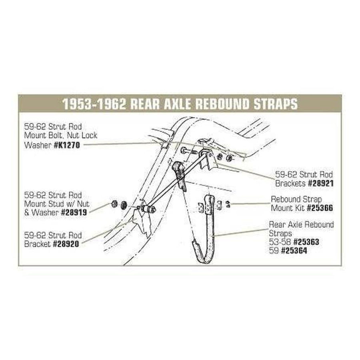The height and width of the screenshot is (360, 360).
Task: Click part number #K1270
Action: tap(67, 145)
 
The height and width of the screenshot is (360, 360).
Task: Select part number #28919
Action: tap(74, 212)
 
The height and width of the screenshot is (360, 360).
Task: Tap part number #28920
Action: tap(66, 244)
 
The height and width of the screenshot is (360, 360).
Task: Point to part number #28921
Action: tap(320, 183)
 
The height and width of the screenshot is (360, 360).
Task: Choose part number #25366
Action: tap(320, 208)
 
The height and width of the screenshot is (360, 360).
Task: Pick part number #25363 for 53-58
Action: tap(306, 242)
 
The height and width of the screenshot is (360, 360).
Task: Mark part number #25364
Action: tap(294, 250)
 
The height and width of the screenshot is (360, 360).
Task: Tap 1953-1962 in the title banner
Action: tap(94, 104)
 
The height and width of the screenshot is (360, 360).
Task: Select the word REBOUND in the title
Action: tap(222, 104)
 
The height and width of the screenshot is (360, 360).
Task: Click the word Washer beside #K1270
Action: tap(38, 145)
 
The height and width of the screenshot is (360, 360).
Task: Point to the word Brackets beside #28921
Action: tap(290, 183)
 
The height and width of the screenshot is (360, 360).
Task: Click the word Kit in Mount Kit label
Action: tap(299, 208)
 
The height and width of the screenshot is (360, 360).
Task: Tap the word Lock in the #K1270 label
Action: tap(89, 135)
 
